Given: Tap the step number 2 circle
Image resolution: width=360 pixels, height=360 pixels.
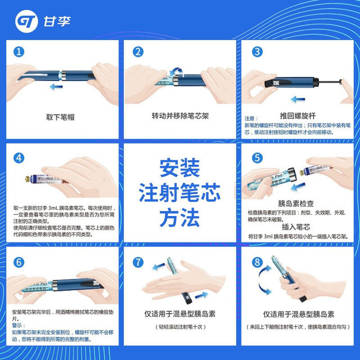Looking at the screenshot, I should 137,52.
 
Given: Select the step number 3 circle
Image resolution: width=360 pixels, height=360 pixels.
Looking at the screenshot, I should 257,52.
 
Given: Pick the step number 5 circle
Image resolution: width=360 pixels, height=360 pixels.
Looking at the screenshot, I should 257,158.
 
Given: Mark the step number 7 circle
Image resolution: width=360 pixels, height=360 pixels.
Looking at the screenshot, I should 137,263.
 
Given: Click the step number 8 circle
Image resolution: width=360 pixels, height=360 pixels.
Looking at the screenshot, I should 257,263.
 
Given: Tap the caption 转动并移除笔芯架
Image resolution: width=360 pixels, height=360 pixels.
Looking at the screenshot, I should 179,116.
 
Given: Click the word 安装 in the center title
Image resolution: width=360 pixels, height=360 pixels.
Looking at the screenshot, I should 179,168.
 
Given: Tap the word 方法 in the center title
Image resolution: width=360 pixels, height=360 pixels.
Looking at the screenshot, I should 179,217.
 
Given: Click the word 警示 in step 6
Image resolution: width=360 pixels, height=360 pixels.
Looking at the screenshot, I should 19,325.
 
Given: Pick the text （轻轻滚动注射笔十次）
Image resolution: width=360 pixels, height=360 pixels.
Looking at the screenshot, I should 179,327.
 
